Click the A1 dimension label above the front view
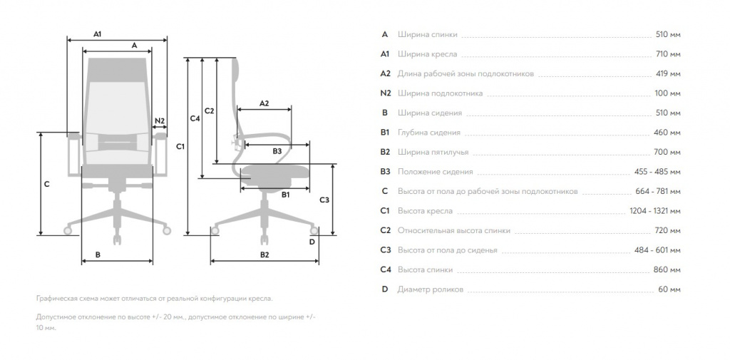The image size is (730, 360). pyautogui.click(x=97, y=34)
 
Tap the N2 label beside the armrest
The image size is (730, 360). pyautogui.click(x=160, y=120)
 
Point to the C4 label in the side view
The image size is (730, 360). pyautogui.click(x=195, y=118)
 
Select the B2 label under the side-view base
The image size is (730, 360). pyautogui.click(x=264, y=254)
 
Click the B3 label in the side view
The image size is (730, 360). pyautogui.click(x=277, y=151)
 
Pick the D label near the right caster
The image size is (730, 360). pyautogui.click(x=312, y=242)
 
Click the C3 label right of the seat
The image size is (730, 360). pyautogui.click(x=324, y=200)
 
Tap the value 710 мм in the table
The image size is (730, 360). pyautogui.click(x=667, y=54)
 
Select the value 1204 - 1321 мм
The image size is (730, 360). pyautogui.click(x=655, y=211)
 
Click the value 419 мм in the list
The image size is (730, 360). pyautogui.click(x=667, y=73)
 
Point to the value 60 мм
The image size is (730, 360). pyautogui.click(x=669, y=289)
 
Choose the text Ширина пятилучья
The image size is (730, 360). pyautogui.click(x=433, y=153)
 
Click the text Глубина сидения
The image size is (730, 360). pyautogui.click(x=428, y=133)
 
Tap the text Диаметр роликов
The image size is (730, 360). pyautogui.click(x=430, y=289)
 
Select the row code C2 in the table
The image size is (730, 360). pyautogui.click(x=386, y=230)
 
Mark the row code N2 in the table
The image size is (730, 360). pyautogui.click(x=386, y=93)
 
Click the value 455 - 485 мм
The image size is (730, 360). pyautogui.click(x=657, y=172)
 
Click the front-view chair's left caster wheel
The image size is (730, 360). pyautogui.click(x=68, y=230)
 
